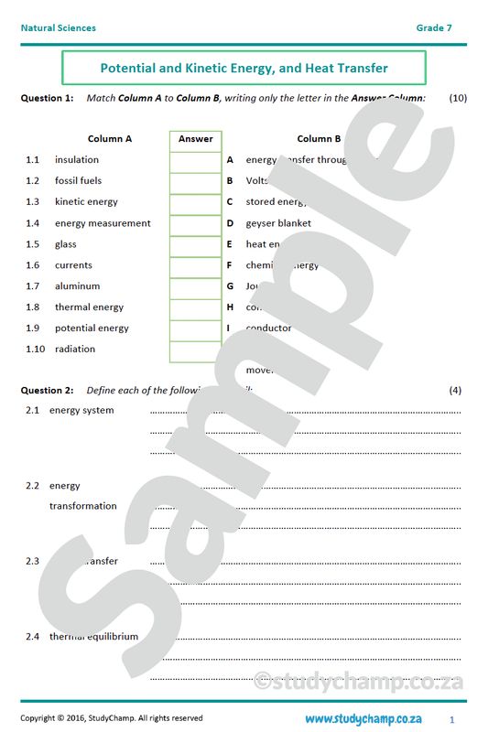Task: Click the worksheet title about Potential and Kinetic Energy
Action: tap(244, 68)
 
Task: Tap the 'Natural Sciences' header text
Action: tap(58, 28)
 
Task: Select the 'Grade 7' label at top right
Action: tap(434, 28)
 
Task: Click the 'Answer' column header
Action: tap(195, 139)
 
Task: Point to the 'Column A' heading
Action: tap(110, 139)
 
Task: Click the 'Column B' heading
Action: tap(319, 139)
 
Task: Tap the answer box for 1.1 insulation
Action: tap(195, 160)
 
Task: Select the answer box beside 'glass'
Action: tap(195, 244)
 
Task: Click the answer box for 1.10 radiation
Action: tap(195, 350)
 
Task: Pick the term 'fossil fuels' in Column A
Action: tap(78, 181)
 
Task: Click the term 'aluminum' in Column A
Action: tap(77, 286)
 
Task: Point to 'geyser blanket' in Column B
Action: tap(278, 223)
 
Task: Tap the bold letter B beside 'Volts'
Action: tap(230, 181)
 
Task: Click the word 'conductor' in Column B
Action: tap(268, 328)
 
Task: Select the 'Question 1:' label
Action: tap(47, 97)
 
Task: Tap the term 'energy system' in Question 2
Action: tap(81, 410)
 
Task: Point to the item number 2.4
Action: tap(32, 636)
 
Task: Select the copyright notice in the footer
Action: tap(112, 718)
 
